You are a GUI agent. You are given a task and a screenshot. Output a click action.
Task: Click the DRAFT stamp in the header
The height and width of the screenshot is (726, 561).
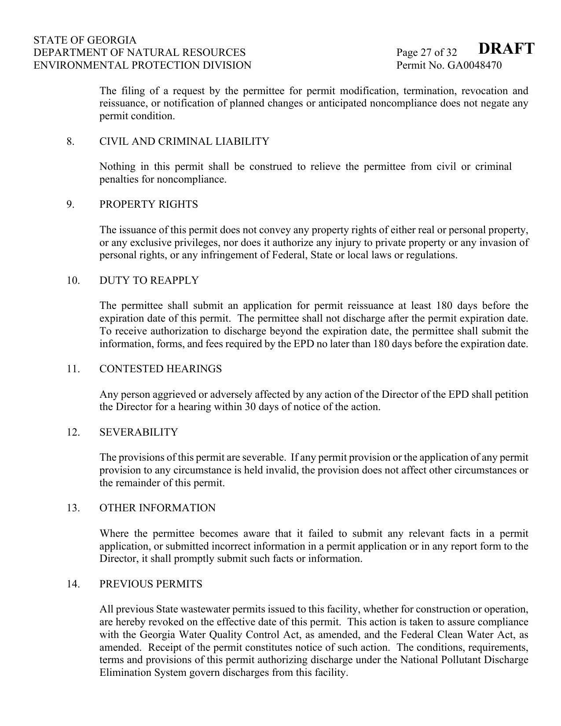point(506,48)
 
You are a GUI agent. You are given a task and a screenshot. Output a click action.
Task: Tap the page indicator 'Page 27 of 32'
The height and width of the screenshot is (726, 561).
point(426,53)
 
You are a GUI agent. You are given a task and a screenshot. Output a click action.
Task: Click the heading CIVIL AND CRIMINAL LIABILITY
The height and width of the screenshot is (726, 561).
point(184,142)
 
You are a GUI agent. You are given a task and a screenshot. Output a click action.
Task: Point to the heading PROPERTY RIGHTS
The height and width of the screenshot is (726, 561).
point(148,205)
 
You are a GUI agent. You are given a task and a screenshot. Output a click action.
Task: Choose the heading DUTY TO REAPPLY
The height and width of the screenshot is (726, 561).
point(149,281)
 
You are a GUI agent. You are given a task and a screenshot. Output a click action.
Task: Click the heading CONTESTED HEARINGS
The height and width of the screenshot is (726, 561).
point(160,369)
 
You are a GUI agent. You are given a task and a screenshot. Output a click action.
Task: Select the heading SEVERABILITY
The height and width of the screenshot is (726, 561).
point(139,433)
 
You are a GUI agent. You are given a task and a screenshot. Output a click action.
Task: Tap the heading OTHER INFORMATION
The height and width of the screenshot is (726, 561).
point(157,508)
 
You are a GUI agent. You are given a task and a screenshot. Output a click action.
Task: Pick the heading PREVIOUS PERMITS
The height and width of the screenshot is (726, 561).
point(150,584)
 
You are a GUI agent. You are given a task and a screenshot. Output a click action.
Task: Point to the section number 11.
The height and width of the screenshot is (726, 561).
point(73,369)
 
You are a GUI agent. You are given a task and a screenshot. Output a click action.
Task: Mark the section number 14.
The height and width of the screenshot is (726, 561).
point(73,584)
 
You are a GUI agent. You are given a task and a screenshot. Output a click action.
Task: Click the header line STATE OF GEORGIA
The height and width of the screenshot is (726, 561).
point(85,40)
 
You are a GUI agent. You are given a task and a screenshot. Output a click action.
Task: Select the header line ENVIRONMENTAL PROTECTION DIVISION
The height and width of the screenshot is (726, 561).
point(142,66)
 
